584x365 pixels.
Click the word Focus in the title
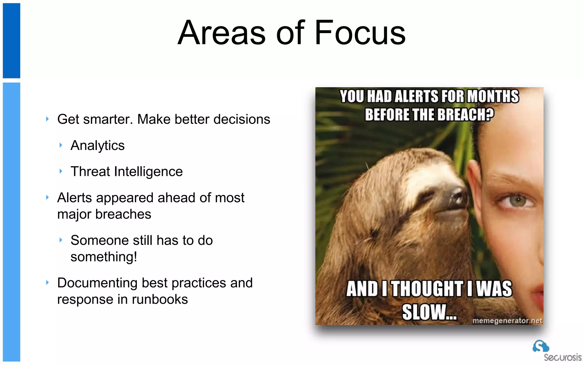click(360, 33)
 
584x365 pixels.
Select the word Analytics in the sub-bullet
click(98, 145)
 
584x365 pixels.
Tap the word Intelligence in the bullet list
click(148, 172)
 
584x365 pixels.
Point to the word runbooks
click(160, 299)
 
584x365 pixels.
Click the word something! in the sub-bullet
click(104, 257)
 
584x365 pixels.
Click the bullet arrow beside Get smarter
click(47, 119)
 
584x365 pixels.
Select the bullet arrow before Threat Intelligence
click(60, 171)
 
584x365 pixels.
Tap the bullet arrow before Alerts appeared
click(47, 197)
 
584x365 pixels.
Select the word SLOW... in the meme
click(429, 312)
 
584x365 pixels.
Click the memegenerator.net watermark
click(507, 321)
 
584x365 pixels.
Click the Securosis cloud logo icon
click(541, 346)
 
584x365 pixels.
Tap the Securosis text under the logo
click(562, 357)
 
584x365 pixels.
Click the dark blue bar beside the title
click(11, 40)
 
